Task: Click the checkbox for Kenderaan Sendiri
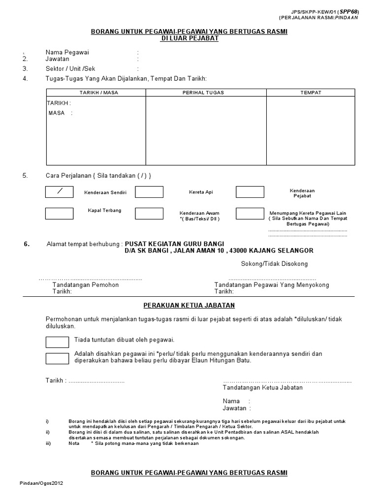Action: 59,192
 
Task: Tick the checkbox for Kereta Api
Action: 149,192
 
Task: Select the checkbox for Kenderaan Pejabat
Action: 250,192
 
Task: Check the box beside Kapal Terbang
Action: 59,213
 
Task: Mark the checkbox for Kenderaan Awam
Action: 149,213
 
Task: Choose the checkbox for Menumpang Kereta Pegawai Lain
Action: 250,213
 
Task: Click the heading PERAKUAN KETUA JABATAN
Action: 189,305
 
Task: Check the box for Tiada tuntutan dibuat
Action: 57,342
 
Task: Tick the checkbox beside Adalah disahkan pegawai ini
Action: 57,359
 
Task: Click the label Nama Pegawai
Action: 67,52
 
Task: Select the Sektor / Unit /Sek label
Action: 70,69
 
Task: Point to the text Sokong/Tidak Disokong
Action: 274,264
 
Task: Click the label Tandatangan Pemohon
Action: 85,285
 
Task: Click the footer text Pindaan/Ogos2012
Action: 42,483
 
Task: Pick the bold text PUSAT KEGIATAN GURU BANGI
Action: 174,244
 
